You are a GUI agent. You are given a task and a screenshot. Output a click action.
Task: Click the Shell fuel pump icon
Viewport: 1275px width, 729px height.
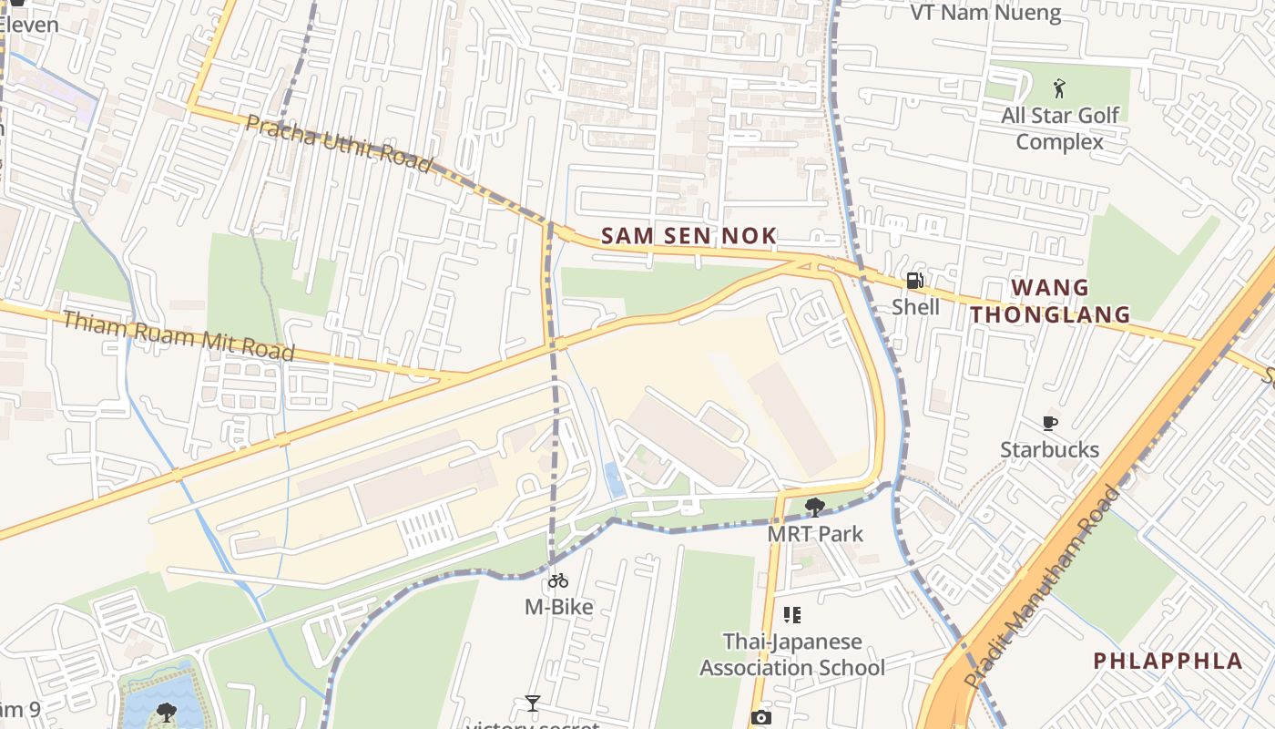click(914, 281)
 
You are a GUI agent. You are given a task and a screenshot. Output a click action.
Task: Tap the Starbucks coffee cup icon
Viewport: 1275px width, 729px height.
click(1049, 423)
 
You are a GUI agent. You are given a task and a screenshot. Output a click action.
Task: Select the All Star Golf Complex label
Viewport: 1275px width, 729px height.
click(1060, 128)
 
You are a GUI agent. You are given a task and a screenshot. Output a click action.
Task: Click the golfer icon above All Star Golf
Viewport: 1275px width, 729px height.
click(1058, 88)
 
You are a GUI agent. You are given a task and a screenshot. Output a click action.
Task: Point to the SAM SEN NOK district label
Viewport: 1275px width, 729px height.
click(689, 236)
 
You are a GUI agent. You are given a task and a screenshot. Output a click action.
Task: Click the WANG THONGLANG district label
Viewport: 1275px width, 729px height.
click(1049, 302)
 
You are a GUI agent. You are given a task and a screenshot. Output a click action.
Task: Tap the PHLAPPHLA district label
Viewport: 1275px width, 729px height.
click(1168, 661)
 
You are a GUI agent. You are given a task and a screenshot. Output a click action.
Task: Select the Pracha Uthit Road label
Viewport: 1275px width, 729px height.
click(338, 143)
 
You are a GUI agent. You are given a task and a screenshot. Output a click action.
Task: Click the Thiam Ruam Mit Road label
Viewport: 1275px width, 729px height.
click(178, 335)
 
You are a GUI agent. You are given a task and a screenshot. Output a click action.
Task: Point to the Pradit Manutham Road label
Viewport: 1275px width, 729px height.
click(1044, 588)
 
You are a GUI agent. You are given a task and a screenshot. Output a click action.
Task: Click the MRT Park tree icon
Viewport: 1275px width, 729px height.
click(815, 508)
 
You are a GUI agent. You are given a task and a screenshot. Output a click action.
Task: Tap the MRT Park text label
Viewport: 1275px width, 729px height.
click(815, 534)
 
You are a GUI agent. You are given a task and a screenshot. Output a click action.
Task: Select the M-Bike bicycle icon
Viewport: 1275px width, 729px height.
click(558, 580)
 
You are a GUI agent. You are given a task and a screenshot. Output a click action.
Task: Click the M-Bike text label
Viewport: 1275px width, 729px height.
click(558, 607)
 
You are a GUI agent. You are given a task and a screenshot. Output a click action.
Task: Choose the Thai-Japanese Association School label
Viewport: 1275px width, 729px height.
click(791, 654)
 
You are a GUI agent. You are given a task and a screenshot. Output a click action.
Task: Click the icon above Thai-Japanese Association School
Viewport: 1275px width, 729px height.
click(792, 615)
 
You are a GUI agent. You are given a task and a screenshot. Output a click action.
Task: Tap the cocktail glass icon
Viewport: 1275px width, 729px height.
click(533, 703)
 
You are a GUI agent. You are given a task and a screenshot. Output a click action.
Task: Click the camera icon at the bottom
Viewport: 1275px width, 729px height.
click(760, 717)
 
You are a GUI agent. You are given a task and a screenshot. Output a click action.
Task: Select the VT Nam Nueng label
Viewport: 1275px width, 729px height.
click(985, 13)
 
